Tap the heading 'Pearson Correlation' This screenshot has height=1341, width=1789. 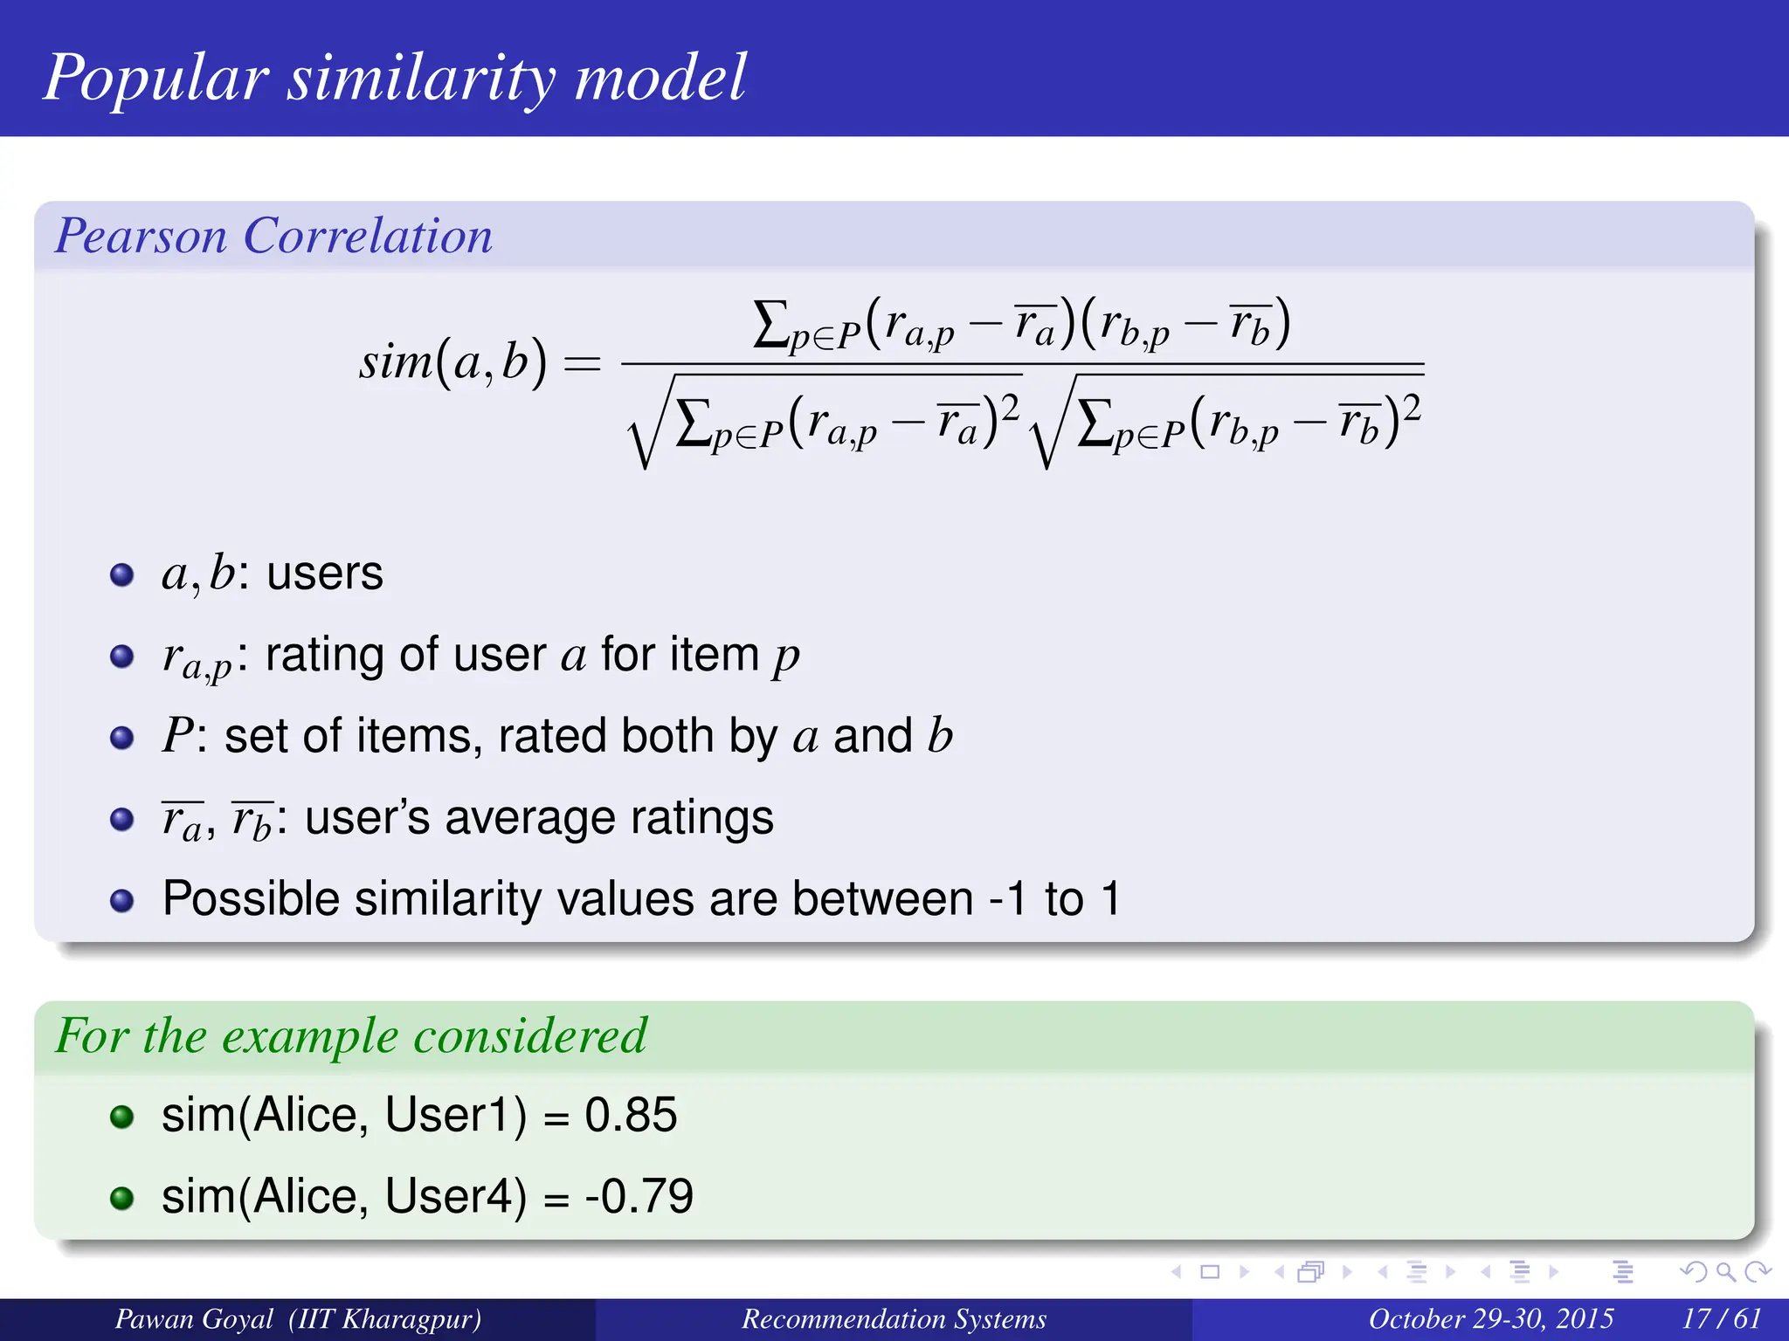273,236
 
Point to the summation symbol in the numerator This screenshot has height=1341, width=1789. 770,324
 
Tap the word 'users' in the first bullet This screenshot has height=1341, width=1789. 324,574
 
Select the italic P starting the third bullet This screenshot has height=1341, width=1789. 177,735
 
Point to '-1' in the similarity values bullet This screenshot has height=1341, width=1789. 1008,899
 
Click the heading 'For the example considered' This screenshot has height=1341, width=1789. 350,1035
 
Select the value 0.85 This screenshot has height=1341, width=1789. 631,1115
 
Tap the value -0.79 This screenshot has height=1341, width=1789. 639,1196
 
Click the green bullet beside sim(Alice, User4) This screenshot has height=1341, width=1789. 122,1198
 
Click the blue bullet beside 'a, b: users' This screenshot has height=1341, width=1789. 122,575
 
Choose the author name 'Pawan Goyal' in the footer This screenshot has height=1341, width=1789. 194,1318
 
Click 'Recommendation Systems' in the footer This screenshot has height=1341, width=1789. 894,1318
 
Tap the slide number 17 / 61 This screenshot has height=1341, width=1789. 1721,1318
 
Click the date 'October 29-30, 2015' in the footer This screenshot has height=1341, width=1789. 1490,1318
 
